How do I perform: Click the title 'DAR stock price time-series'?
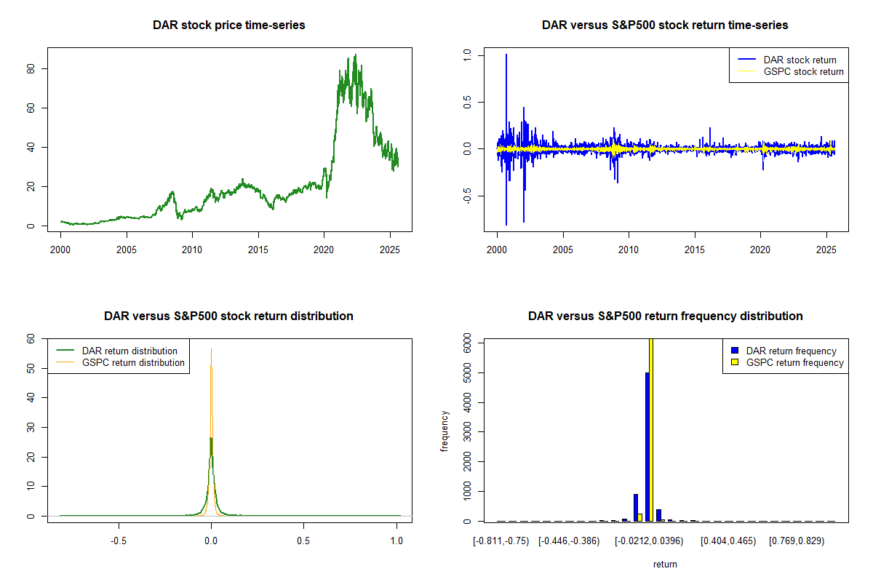[x=228, y=25]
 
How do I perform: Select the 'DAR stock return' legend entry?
[x=800, y=60]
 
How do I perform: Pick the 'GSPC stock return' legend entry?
[x=803, y=71]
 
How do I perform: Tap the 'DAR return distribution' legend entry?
[x=129, y=351]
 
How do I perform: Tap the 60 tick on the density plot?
[x=31, y=339]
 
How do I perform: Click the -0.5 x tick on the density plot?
[x=118, y=542]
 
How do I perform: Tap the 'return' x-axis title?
[x=665, y=564]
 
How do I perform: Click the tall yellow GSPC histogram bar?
[x=651, y=429]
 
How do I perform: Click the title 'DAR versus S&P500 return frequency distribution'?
[x=665, y=316]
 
